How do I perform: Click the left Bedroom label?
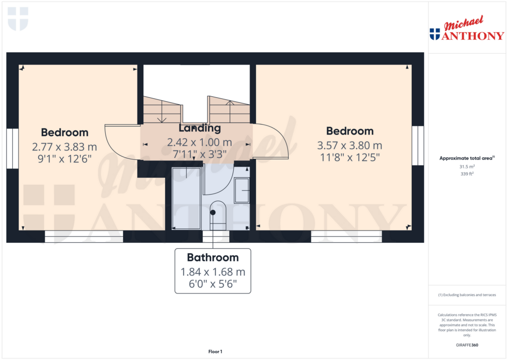[64, 132]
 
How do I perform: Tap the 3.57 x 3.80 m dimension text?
[350, 145]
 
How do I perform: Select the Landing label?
[199, 128]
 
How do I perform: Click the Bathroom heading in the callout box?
[213, 258]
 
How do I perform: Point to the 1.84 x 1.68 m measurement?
[213, 272]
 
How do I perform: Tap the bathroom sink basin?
[242, 190]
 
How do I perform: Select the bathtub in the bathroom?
[187, 198]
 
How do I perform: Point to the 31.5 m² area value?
[467, 167]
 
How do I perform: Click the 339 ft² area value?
[467, 174]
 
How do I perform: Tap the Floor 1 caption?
[215, 352]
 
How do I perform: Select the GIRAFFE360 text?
[467, 345]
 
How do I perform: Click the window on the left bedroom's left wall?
[12, 148]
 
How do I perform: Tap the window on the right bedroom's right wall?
[418, 145]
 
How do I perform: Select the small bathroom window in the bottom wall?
[216, 236]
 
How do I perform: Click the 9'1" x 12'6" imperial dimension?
[65, 159]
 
